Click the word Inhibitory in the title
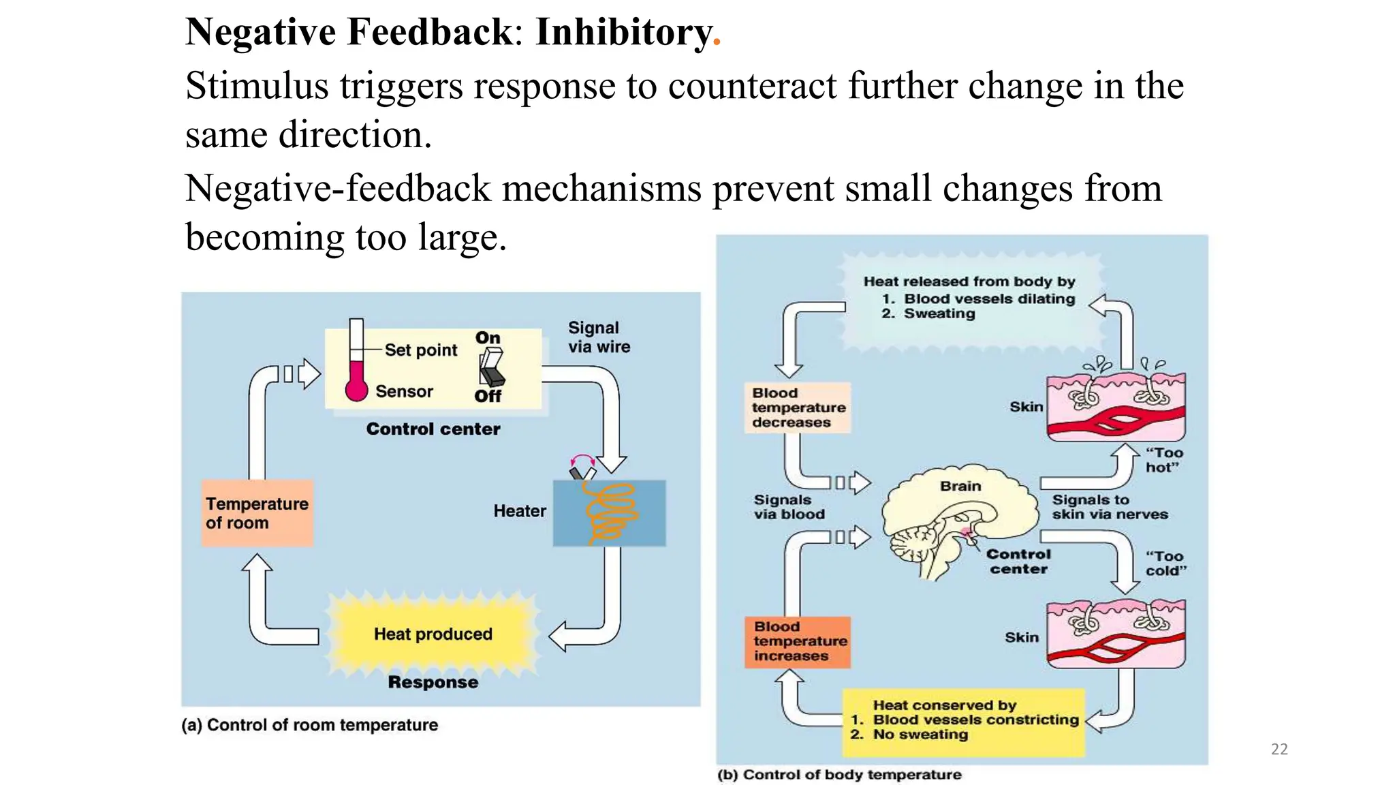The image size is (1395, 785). tap(623, 32)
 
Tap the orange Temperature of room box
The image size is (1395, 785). tap(257, 513)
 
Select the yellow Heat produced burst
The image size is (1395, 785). tap(433, 634)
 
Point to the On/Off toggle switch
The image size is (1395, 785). tap(491, 367)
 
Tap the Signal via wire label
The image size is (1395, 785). tap(599, 337)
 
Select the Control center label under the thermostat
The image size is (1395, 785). tap(433, 429)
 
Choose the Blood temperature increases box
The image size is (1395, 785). tap(798, 641)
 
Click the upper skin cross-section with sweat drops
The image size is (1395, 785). tap(1116, 405)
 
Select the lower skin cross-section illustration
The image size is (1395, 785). tap(1116, 634)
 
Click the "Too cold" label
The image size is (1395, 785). tap(1165, 564)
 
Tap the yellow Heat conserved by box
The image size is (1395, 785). tap(963, 722)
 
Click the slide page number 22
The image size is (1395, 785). tap(1279, 749)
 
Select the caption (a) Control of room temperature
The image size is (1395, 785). tap(310, 725)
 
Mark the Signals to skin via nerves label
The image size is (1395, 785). tap(1109, 507)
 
